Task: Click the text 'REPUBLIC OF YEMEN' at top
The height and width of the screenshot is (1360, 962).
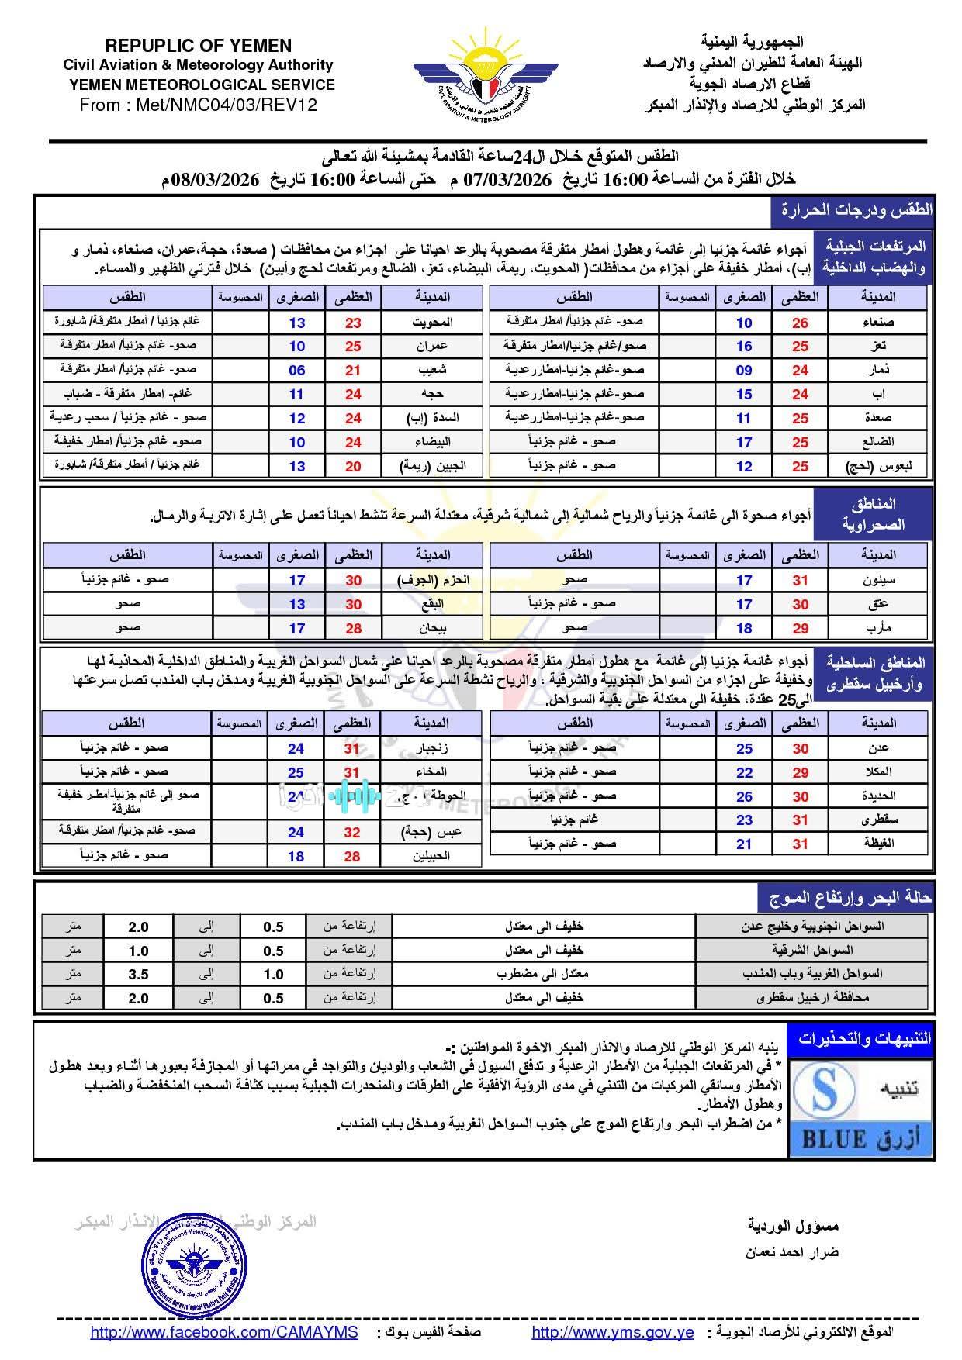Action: pyautogui.click(x=199, y=46)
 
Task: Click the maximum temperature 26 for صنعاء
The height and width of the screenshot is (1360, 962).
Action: pyautogui.click(x=800, y=323)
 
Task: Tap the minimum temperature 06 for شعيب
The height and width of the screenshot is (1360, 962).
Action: pyautogui.click(x=297, y=371)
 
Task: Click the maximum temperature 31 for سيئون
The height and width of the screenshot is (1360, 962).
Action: pyautogui.click(x=800, y=580)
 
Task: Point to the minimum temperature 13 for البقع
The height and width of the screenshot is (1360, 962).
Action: pyautogui.click(x=297, y=604)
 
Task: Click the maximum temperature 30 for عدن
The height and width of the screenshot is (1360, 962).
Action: pyautogui.click(x=800, y=748)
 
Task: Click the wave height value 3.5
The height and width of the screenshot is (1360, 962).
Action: pyautogui.click(x=138, y=975)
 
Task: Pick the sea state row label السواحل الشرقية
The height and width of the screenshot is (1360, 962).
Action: pyautogui.click(x=811, y=951)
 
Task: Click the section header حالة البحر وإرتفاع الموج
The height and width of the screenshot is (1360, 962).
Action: pyautogui.click(x=848, y=898)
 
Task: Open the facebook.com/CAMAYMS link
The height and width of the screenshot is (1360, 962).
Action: pyautogui.click(x=224, y=1332)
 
